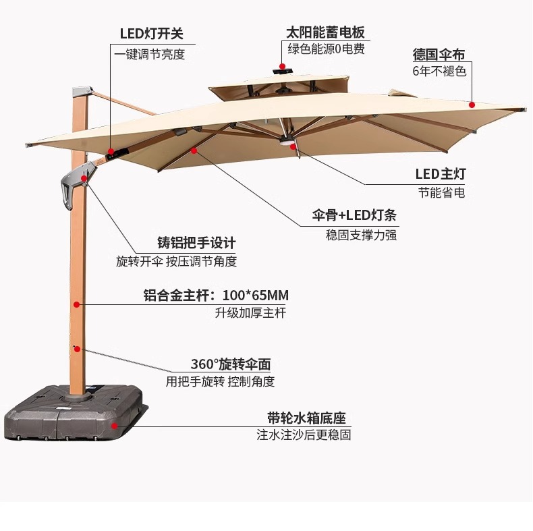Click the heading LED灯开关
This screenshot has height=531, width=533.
[x=152, y=34]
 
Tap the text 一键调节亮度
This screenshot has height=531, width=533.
[x=149, y=55]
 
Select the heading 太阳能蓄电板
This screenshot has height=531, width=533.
[x=326, y=32]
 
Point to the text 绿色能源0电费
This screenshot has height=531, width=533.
[x=326, y=49]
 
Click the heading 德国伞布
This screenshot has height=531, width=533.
[x=439, y=54]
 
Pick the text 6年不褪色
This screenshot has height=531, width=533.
[x=439, y=71]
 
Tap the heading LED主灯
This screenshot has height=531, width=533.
[x=440, y=174]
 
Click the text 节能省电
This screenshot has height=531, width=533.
[x=441, y=192]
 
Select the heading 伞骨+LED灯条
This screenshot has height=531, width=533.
[x=354, y=216]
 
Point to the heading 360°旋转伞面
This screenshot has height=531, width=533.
[x=230, y=364]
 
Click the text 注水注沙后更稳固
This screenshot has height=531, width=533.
[x=304, y=435]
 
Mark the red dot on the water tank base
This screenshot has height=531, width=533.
[x=115, y=426]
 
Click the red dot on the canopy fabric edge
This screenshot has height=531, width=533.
[x=472, y=105]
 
